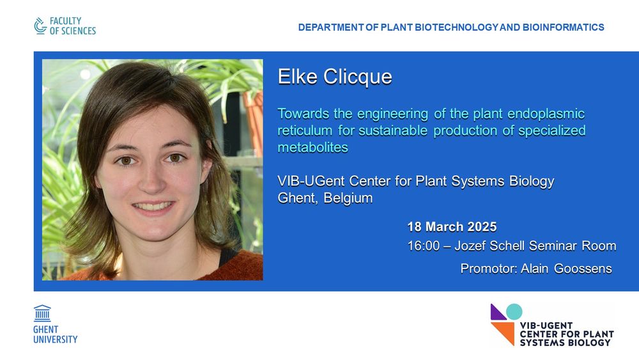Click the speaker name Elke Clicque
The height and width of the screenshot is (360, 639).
click(335, 77)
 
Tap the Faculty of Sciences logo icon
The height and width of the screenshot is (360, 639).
click(40, 26)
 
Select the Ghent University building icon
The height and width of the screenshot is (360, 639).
click(42, 313)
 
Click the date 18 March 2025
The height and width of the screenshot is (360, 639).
click(452, 227)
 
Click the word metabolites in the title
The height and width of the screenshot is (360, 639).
click(312, 147)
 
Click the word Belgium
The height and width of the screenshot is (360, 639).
click(348, 198)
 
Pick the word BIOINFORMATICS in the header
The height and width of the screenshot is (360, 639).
click(563, 27)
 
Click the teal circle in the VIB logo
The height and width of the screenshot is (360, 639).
click(514, 312)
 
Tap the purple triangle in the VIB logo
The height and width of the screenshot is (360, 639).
click(498, 312)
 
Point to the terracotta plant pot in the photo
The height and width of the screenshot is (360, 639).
click(254, 122)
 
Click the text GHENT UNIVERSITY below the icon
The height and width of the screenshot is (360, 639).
click(55, 334)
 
